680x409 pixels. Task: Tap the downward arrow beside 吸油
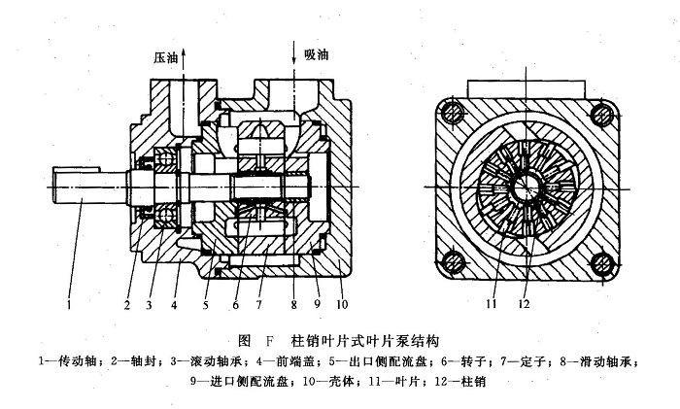click(x=295, y=47)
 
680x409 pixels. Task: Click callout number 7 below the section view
click(x=261, y=303)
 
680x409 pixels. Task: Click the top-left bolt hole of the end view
click(x=451, y=114)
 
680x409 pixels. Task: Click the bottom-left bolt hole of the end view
click(x=451, y=262)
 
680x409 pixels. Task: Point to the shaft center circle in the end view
click(x=526, y=187)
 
